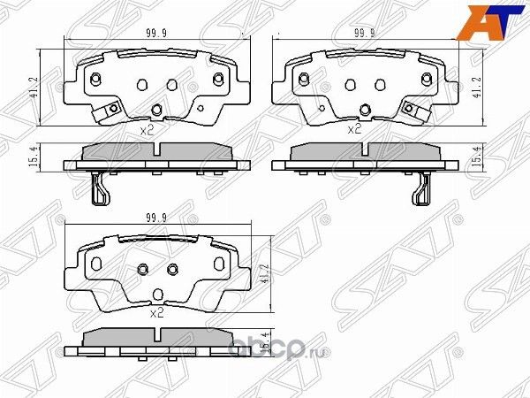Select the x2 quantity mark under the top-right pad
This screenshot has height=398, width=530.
[355, 129]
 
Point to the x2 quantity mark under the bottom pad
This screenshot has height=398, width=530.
[157, 312]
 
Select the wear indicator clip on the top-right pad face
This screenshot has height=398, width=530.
[412, 110]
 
